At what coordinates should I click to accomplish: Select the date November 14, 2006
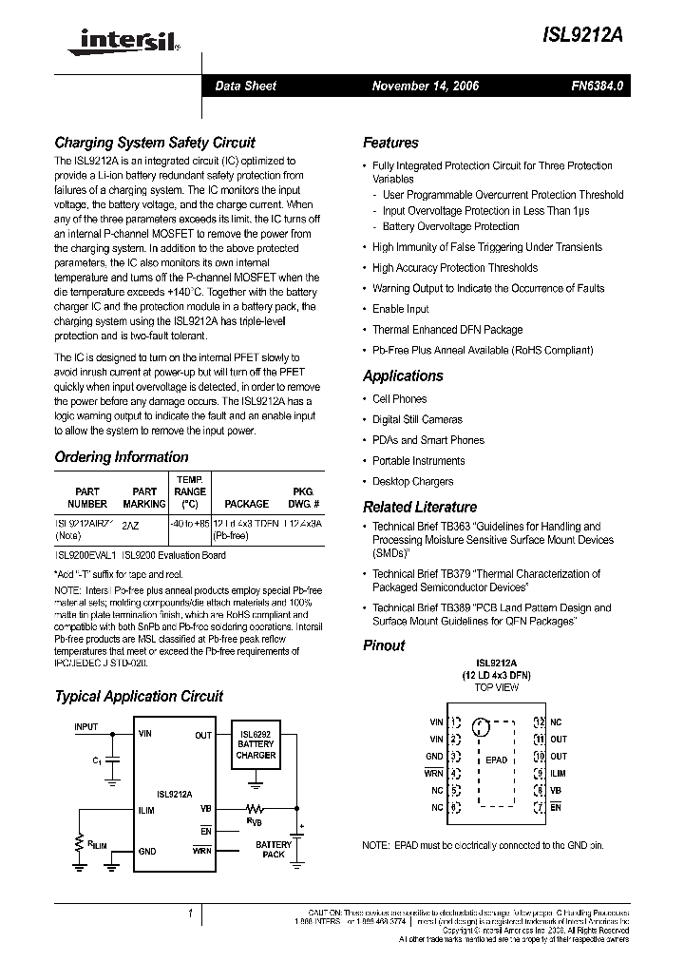425,86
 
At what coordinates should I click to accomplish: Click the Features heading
390,143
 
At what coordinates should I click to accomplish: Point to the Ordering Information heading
122,457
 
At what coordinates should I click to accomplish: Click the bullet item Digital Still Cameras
417,419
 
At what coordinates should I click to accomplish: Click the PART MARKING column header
144,497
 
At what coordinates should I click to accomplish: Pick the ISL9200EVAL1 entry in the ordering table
85,555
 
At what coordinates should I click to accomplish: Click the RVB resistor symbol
256,808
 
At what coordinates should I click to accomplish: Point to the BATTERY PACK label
274,849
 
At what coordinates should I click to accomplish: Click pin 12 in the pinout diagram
539,722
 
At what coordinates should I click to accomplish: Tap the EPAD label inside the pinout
496,760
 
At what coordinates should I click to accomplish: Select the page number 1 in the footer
191,914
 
